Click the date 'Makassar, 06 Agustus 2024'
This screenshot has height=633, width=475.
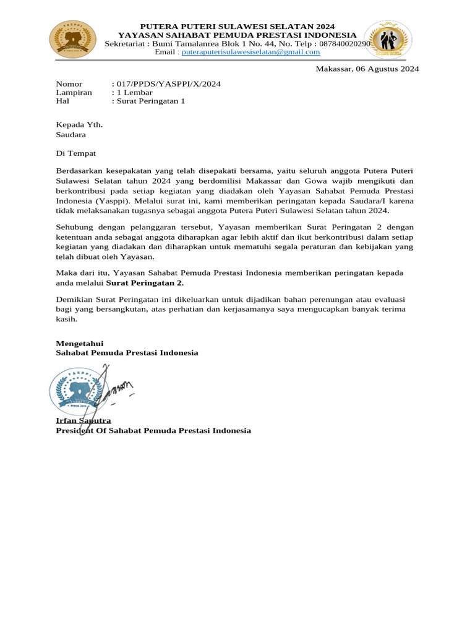pyautogui.click(x=367, y=69)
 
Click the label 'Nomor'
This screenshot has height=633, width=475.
pyautogui.click(x=69, y=83)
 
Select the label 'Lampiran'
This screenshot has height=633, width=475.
pyautogui.click(x=74, y=92)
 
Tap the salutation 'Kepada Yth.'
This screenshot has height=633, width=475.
pyautogui.click(x=79, y=124)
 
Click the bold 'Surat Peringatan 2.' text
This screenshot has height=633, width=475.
pyautogui.click(x=145, y=283)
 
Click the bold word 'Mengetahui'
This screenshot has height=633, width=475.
pyautogui.click(x=80, y=343)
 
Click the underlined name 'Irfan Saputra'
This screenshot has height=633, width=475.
pyautogui.click(x=83, y=420)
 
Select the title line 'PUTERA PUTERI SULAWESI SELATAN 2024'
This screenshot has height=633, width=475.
pyautogui.click(x=237, y=27)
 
